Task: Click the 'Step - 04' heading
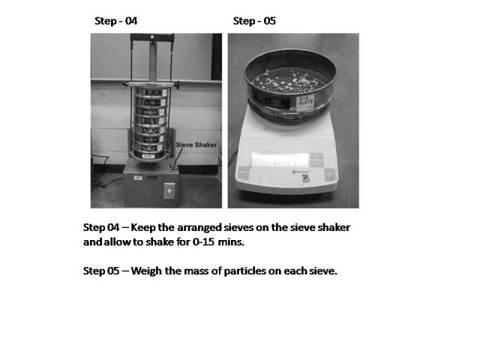[x=115, y=21]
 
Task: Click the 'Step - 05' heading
[x=254, y=21]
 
